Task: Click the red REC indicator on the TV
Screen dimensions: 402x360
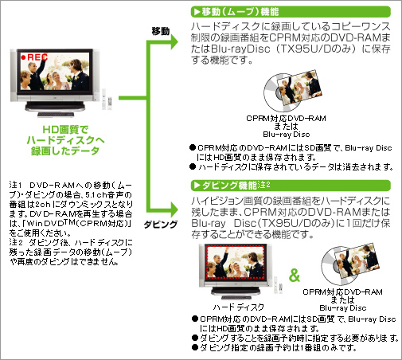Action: (x=34, y=57)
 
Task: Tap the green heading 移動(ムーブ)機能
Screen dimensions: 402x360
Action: (x=240, y=12)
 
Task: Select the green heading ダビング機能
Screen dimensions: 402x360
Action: (x=230, y=185)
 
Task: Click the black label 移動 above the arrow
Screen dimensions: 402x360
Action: (x=161, y=31)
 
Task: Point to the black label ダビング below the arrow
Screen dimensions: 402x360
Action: (x=160, y=225)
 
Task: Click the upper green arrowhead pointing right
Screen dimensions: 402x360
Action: (x=174, y=42)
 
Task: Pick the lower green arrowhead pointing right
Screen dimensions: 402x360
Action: (x=174, y=209)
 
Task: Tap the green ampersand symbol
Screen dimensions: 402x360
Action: (x=295, y=275)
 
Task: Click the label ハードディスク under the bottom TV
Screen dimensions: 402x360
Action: (x=239, y=307)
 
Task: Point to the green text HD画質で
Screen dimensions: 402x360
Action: (x=65, y=130)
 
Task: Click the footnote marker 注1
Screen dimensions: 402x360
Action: (x=15, y=185)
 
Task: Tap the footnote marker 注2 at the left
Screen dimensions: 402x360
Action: (x=15, y=242)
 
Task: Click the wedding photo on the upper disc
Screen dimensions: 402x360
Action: (x=299, y=87)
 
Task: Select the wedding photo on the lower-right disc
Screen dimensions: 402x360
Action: (x=357, y=260)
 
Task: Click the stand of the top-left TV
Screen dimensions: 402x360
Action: (x=55, y=109)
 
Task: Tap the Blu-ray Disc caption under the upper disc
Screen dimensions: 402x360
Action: (x=287, y=135)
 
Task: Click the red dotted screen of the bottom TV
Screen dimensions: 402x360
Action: (x=236, y=262)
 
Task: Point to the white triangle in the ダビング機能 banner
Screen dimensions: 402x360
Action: (x=197, y=186)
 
